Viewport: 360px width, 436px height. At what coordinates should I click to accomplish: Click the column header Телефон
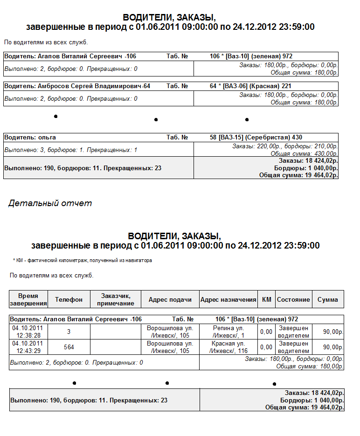pos(69,299)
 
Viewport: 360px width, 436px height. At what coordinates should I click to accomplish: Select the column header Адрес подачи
pos(170,299)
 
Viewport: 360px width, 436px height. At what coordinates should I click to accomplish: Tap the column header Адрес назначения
pos(228,299)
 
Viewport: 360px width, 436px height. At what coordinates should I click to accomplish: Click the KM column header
pos(266,299)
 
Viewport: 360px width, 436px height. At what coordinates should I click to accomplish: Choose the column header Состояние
pos(293,299)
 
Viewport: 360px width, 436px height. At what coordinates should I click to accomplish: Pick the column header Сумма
pos(327,299)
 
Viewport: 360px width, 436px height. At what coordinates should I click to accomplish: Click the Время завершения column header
pos(28,299)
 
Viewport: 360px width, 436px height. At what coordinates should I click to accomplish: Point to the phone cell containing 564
pos(69,347)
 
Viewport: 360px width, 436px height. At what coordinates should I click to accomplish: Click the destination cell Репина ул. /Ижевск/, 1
pos(228,332)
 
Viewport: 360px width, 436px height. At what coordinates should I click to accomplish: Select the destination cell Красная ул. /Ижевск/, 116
pos(228,347)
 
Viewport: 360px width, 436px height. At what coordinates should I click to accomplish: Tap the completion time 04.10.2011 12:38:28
pos(28,332)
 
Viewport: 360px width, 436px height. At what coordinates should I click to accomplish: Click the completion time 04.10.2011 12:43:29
pos(28,347)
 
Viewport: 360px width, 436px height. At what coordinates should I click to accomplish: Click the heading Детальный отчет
pos(50,203)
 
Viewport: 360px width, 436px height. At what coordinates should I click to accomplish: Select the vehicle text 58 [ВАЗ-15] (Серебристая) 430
pos(250,138)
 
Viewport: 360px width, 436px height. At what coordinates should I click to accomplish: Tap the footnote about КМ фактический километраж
pos(83,260)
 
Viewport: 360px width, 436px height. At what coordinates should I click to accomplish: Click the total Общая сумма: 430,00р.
pos(304,153)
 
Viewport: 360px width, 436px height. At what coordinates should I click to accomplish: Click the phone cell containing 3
pos(69,332)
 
